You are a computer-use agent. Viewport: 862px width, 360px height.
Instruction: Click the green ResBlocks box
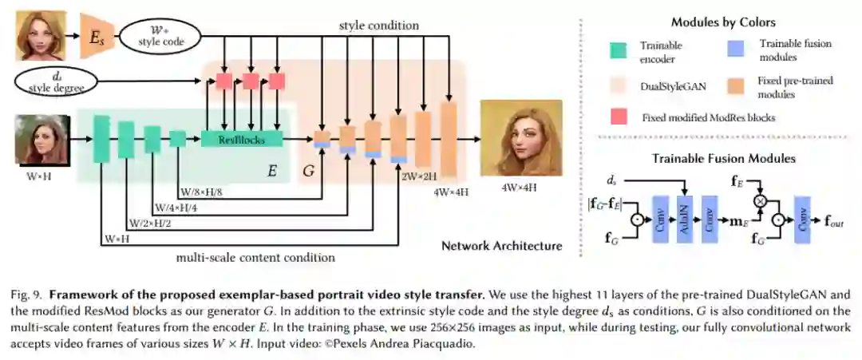pos(242,139)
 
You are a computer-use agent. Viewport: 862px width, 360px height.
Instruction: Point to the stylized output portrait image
pos(520,137)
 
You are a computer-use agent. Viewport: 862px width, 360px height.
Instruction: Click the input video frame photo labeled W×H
pos(39,139)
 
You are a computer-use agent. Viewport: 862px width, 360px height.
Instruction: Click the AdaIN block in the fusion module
pos(684,216)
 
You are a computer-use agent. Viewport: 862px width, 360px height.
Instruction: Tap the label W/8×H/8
pos(201,192)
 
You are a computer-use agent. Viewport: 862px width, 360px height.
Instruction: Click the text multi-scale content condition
pos(255,258)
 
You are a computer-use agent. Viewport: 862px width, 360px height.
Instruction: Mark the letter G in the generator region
pos(309,170)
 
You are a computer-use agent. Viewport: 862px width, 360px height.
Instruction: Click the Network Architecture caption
pos(501,246)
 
